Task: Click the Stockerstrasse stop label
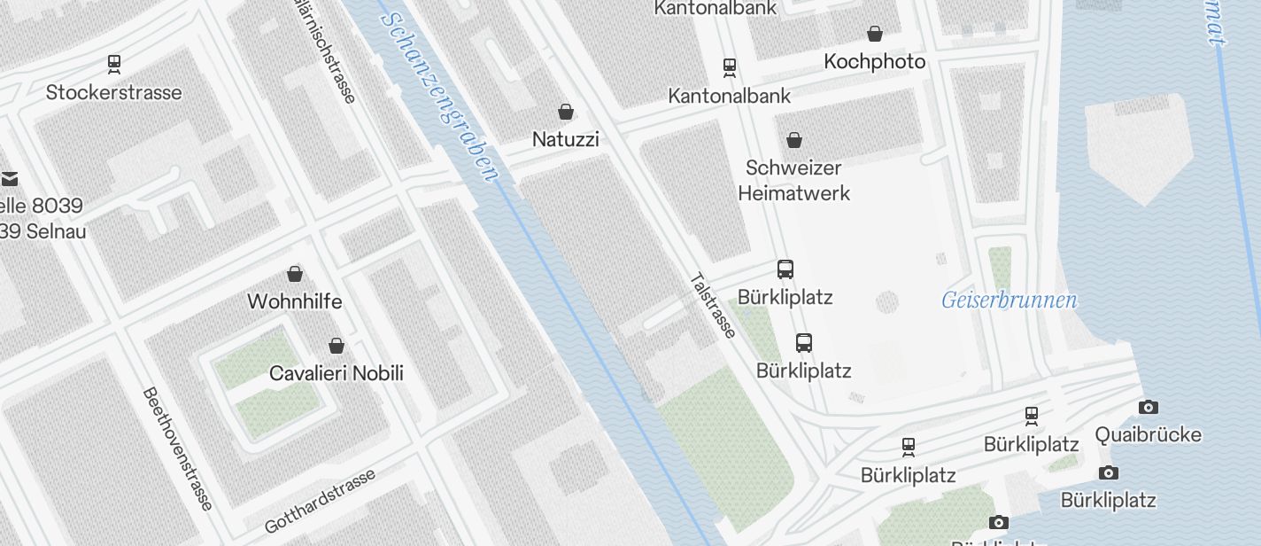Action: pyautogui.click(x=113, y=92)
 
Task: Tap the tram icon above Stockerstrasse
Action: pyautogui.click(x=113, y=64)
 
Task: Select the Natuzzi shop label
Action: pyautogui.click(x=565, y=139)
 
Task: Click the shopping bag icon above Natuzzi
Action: pyautogui.click(x=566, y=112)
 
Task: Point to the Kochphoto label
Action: pyautogui.click(x=874, y=61)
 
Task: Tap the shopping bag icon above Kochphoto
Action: pyautogui.click(x=875, y=34)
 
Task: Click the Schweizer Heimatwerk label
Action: pyautogui.click(x=793, y=180)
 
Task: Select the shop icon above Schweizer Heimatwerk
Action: pyautogui.click(x=794, y=140)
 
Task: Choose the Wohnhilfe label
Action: pyautogui.click(x=294, y=301)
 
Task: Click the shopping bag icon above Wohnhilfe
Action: pyautogui.click(x=295, y=274)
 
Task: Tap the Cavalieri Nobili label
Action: pyautogui.click(x=336, y=373)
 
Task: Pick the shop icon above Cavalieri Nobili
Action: pyautogui.click(x=337, y=346)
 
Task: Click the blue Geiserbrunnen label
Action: pyautogui.click(x=1009, y=300)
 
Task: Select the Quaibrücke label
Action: pyautogui.click(x=1148, y=434)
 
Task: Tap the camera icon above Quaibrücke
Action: pyautogui.click(x=1149, y=407)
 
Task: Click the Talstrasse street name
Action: pyautogui.click(x=712, y=305)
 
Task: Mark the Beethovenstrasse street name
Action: pyautogui.click(x=177, y=448)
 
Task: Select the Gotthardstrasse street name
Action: pyautogui.click(x=320, y=501)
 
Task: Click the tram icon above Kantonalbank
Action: pyautogui.click(x=730, y=67)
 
